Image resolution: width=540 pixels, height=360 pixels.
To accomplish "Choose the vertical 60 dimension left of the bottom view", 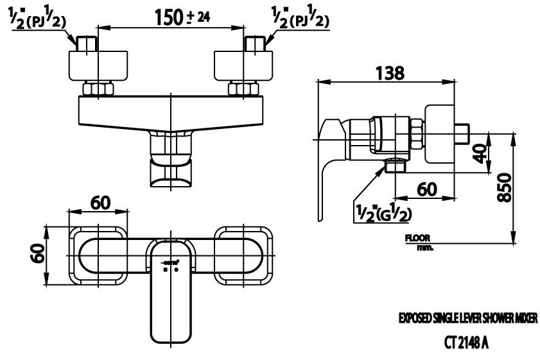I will pyautogui.click(x=37, y=255).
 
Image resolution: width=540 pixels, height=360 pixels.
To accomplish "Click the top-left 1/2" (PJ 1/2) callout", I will pyautogui.click(x=39, y=20).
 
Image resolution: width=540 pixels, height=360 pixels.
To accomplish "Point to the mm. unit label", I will pyautogui.click(x=424, y=247).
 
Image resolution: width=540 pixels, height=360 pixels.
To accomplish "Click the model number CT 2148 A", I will pyautogui.click(x=466, y=343).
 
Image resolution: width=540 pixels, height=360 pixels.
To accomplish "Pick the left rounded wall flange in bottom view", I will pyautogui.click(x=100, y=255).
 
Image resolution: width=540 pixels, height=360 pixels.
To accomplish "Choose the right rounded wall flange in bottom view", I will pyautogui.click(x=243, y=255).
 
